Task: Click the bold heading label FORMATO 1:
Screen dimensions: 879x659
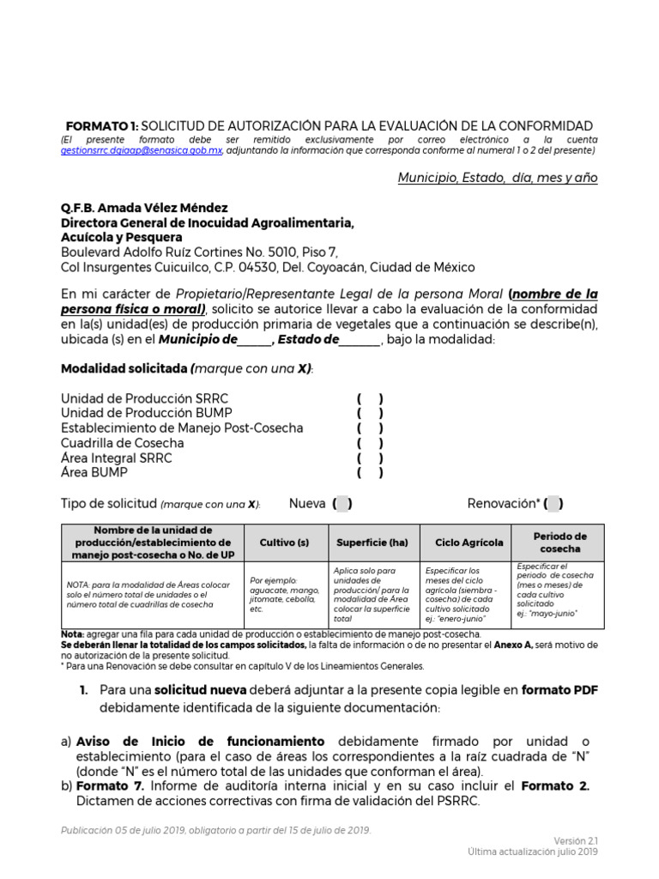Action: pos(102,125)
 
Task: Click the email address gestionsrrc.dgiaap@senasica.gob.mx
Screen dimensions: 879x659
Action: pos(142,149)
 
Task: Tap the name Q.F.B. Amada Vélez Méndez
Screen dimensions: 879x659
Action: pos(144,208)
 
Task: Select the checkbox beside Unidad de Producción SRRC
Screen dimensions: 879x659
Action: pos(370,399)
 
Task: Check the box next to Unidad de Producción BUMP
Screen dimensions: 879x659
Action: pos(370,414)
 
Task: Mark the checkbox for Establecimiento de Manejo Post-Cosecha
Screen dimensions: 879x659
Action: pos(370,428)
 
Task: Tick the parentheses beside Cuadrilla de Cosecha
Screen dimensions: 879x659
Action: pos(370,443)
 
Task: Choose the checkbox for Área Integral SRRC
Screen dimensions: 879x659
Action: pos(370,458)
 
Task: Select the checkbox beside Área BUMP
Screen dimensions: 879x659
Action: pos(370,472)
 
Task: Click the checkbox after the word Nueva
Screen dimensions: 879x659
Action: pos(342,504)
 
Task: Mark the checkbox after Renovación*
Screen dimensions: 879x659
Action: pos(554,504)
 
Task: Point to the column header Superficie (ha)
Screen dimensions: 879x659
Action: pos(373,543)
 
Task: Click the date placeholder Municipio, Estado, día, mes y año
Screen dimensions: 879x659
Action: pos(498,178)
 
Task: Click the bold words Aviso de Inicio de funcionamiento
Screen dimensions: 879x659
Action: pos(200,741)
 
